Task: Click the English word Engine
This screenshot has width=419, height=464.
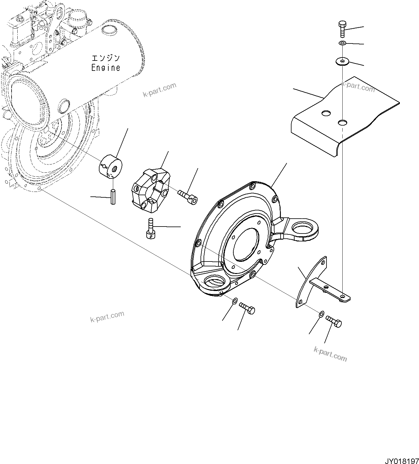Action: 106,68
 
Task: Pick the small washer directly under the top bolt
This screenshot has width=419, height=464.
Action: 342,43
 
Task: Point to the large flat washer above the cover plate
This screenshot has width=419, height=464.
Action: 342,62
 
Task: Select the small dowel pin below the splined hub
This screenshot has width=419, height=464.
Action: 113,197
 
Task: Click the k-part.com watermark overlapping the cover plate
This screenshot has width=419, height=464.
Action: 358,86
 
